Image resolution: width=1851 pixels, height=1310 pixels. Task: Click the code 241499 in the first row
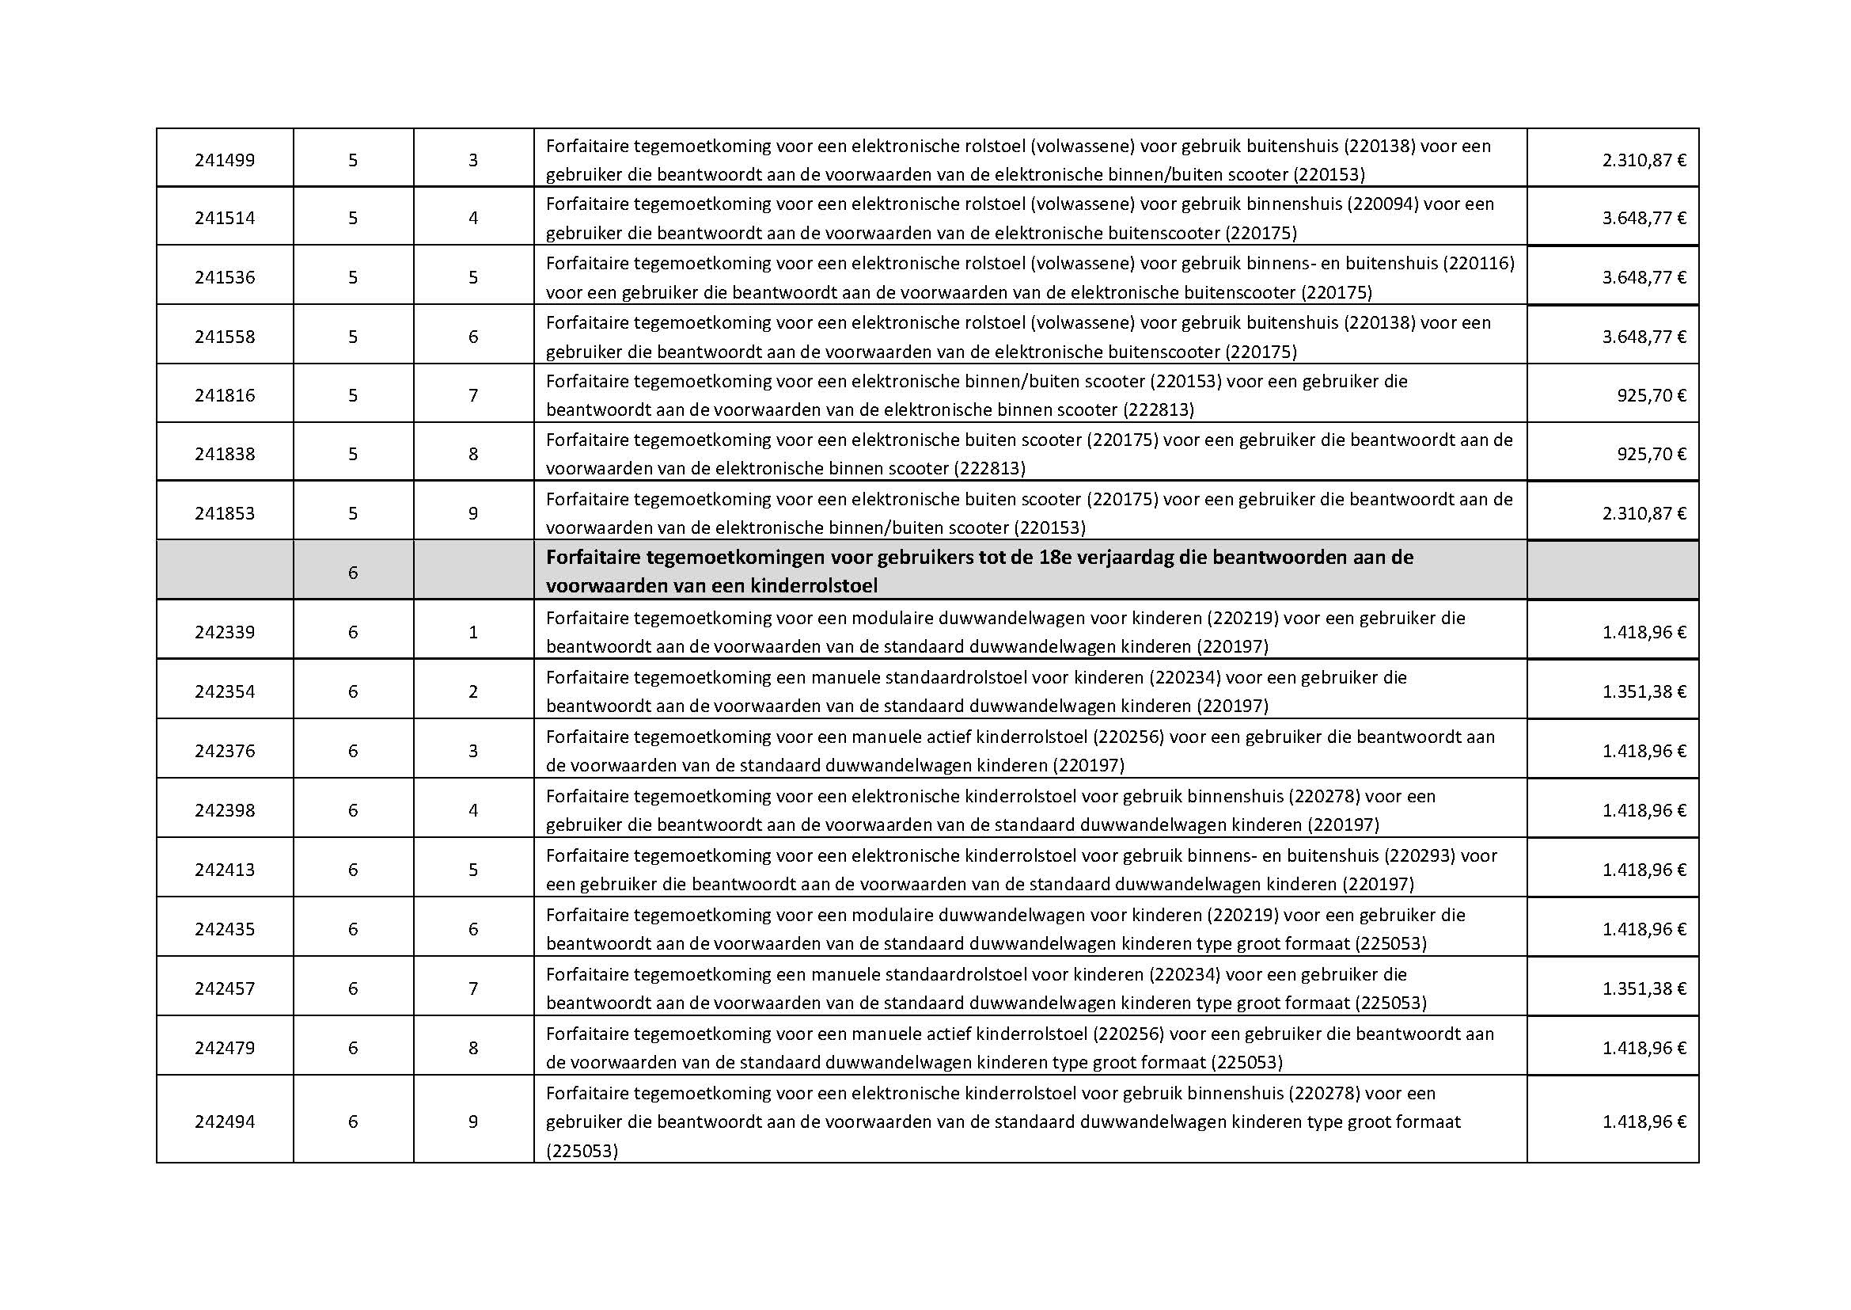(224, 160)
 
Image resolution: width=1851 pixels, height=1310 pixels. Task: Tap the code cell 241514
(224, 218)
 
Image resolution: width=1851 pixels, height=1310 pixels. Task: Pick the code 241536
(224, 277)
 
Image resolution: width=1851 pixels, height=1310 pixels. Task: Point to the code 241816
(224, 395)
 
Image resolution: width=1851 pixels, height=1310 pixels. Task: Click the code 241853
(224, 513)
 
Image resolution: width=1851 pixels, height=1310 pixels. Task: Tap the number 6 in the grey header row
(353, 573)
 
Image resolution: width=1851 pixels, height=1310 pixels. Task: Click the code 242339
(224, 632)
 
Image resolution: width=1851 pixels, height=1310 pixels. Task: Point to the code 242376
(224, 751)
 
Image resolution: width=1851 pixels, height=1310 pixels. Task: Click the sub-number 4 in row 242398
(473, 810)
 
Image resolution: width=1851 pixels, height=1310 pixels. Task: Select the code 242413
(224, 870)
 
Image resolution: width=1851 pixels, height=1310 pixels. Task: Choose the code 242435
(224, 929)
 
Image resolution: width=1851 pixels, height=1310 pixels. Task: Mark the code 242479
(224, 1048)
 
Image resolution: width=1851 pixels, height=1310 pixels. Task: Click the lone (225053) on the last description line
(582, 1151)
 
